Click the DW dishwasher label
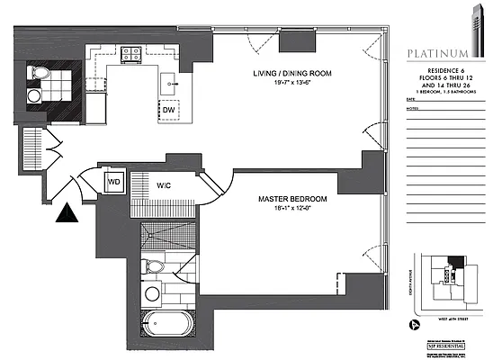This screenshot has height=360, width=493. (x=168, y=110)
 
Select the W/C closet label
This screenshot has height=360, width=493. (x=164, y=186)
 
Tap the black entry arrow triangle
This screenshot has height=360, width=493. (x=66, y=213)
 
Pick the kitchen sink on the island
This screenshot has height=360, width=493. (x=171, y=83)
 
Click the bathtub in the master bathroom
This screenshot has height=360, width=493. (x=168, y=321)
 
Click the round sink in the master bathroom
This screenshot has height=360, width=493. (x=152, y=292)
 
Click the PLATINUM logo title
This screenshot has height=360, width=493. (x=437, y=51)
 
